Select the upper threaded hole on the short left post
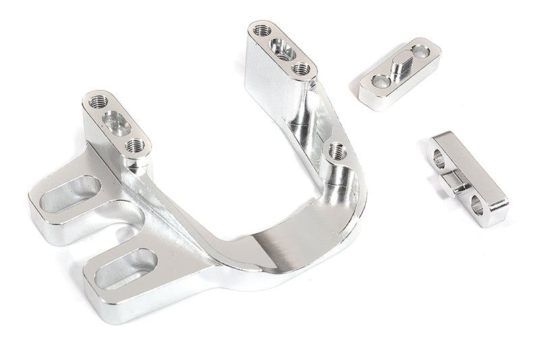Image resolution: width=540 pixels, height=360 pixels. click(99, 101)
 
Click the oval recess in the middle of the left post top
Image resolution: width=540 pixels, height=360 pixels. click(117, 124)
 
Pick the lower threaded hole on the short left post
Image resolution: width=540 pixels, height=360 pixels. click(135, 145)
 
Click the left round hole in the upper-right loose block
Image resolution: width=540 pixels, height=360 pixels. click(381, 82)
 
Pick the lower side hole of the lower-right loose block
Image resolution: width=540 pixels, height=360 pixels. click(477, 204)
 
